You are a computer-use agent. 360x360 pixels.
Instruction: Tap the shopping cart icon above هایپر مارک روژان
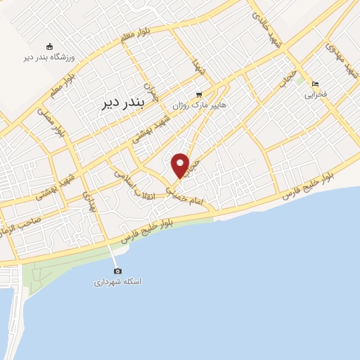[x=200, y=94]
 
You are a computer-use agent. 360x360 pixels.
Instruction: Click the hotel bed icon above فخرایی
[x=315, y=82]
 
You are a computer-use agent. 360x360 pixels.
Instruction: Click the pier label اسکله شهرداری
[x=118, y=281]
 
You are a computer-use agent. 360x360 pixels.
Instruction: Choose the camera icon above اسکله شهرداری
[x=117, y=271]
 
